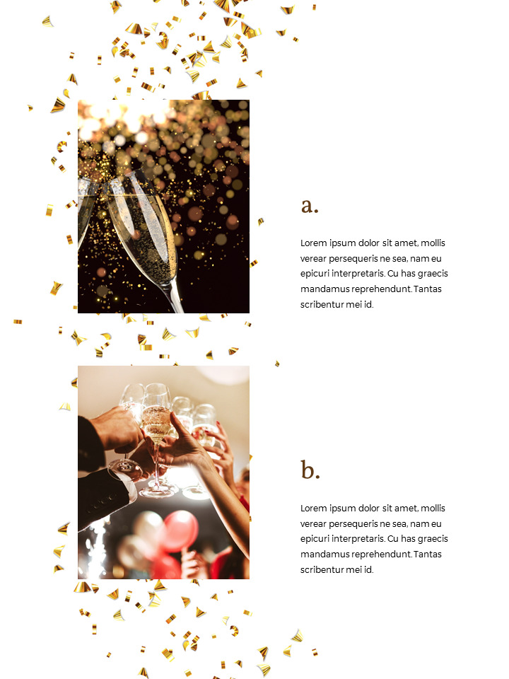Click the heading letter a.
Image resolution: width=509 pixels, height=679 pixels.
310,206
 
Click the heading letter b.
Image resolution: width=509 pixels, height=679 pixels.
310,470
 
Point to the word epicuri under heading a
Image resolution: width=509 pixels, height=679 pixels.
316,274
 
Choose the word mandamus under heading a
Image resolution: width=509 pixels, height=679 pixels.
321,289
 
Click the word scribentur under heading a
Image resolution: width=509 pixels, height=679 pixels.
323,305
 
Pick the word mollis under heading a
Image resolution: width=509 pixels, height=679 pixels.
433,243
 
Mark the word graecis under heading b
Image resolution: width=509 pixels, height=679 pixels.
433,539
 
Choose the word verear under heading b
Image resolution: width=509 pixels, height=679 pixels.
315,524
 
